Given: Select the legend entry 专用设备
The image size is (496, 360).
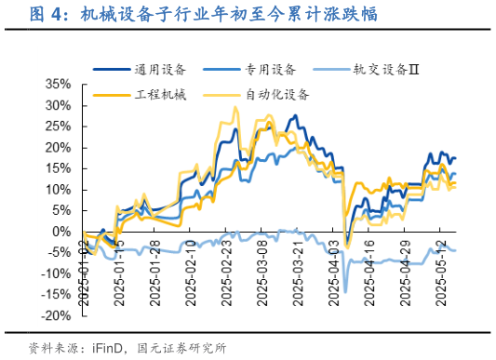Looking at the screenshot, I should point(271,68).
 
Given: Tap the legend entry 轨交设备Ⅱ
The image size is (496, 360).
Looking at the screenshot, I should point(387,68).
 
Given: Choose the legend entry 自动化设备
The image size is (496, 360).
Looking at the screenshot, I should point(277,94).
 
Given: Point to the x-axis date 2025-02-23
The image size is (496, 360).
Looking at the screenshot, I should point(227,270).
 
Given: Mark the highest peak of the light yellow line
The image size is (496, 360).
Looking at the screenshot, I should point(235,108).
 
